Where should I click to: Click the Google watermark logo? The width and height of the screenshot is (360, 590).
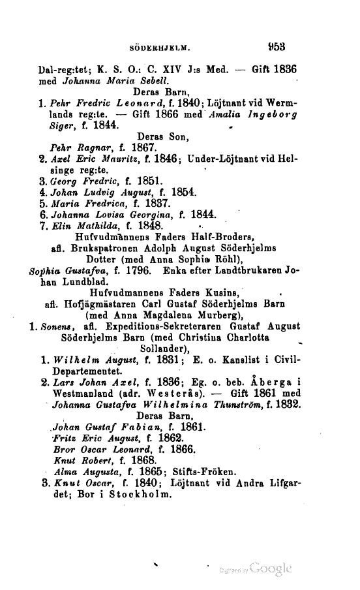coord(264,566)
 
